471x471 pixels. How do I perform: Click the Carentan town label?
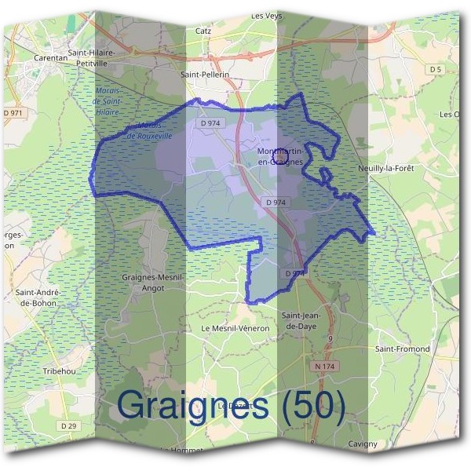coord(53,57)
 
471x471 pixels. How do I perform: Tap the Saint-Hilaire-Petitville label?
coord(91,57)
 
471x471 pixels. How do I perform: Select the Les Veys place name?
coord(267,15)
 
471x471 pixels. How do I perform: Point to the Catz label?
coord(203,31)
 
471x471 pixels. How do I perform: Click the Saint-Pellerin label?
coord(205,75)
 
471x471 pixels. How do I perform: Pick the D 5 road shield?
coord(436,70)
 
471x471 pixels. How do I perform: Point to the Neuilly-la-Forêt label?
coord(385,168)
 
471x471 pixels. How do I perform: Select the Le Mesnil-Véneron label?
coord(235,328)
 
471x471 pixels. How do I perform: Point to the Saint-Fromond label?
coord(403,349)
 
